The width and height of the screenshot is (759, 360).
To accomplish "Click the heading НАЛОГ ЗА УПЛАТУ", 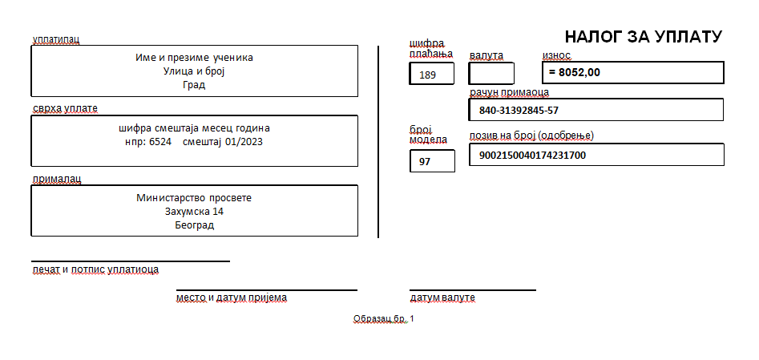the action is tap(644, 37).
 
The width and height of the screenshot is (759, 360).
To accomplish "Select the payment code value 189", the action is tap(427, 75).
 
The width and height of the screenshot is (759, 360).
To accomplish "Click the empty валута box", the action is tap(491, 74).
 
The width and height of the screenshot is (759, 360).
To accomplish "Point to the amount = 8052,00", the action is tap(575, 73).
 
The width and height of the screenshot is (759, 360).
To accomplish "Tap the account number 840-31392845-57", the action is tap(519, 111).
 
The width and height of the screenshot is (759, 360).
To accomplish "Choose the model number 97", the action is tap(425, 162).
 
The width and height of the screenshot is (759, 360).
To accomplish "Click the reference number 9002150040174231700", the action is tap(532, 156).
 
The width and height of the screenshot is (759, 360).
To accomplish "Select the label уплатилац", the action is tap(55, 40).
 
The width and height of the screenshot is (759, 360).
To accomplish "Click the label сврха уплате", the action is tap(65, 108).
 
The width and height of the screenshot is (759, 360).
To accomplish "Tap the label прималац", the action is tap(57, 179).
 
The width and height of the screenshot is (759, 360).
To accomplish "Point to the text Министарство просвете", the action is tap(194, 198).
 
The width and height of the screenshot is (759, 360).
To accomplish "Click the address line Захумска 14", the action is tap(194, 212).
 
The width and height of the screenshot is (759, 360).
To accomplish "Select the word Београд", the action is tap(194, 225).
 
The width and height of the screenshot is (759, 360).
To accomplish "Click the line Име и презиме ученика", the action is tap(194, 58).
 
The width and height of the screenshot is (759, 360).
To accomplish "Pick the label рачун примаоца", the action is tap(509, 92).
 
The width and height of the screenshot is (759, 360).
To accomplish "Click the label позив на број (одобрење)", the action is tap(531, 136).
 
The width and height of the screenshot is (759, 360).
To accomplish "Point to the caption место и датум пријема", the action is tap(232, 297).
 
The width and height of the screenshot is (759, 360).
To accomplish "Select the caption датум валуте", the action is tap(442, 297).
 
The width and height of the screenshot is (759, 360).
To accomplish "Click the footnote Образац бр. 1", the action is tap(384, 319).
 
